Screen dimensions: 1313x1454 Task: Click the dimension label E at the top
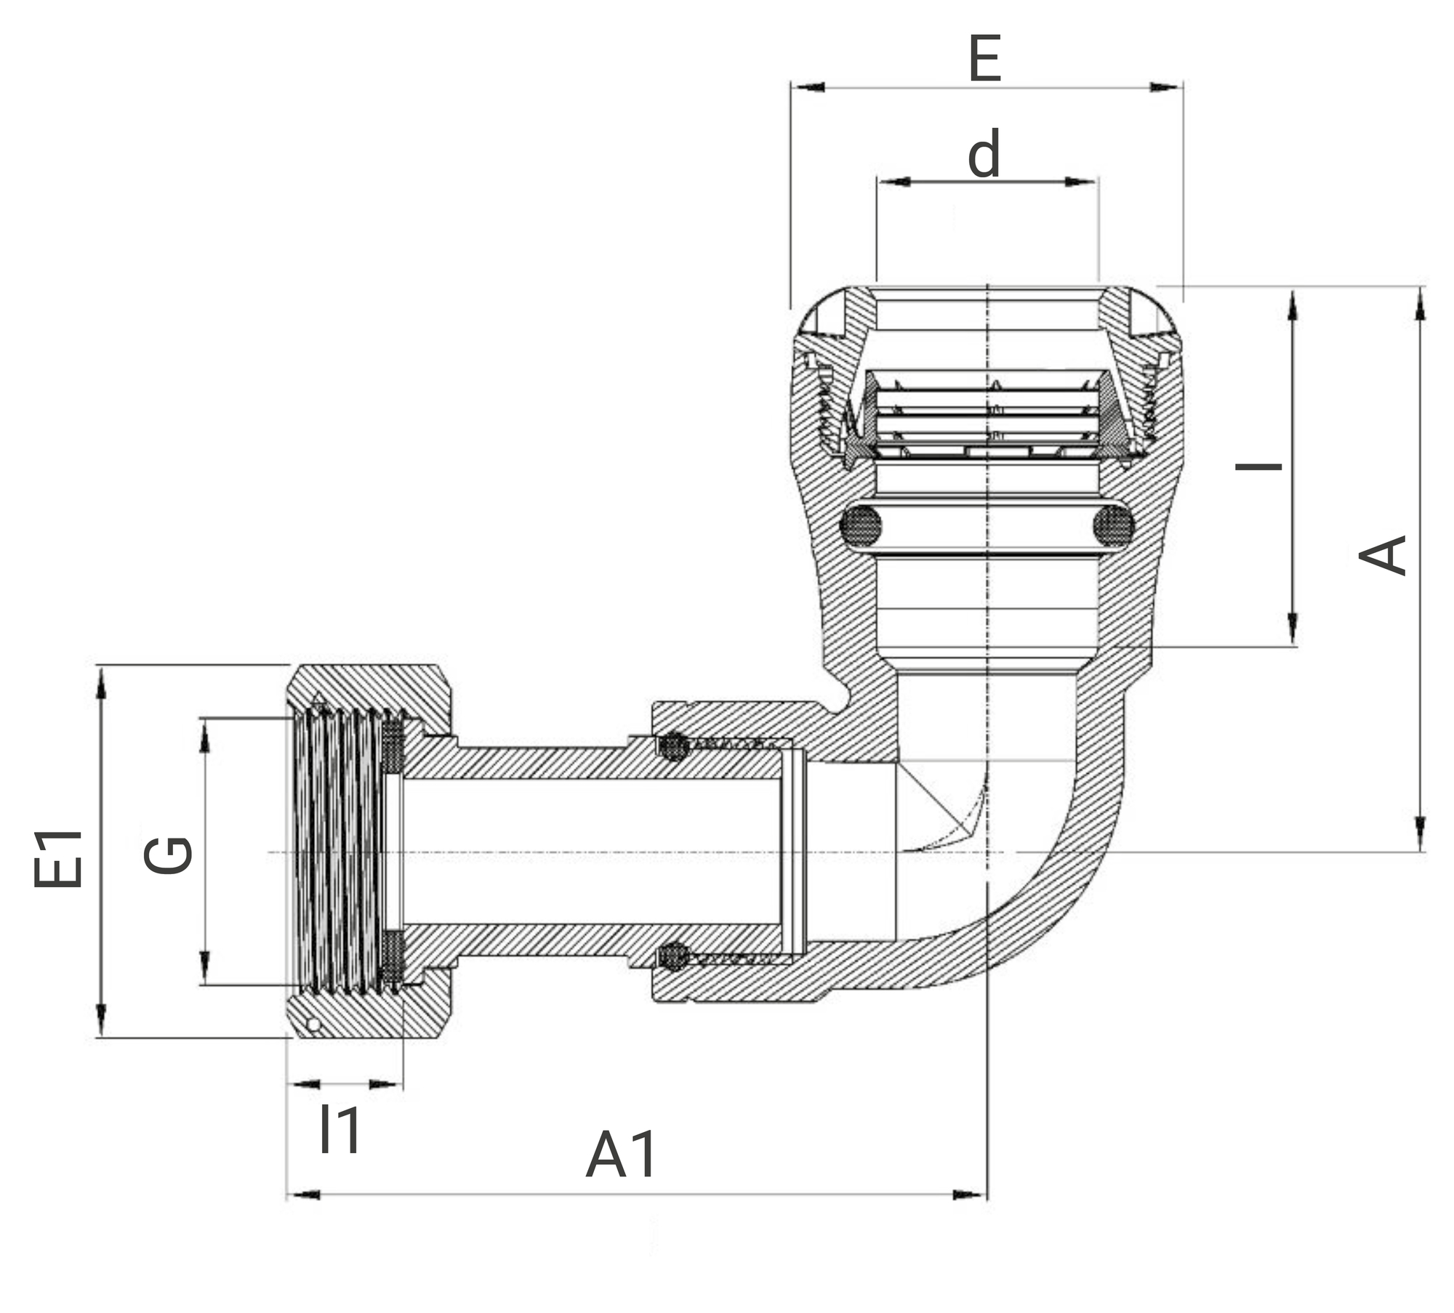point(985,59)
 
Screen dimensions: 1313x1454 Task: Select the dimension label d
point(984,153)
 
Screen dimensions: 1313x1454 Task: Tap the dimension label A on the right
point(1383,555)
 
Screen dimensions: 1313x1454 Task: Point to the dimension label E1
point(58,859)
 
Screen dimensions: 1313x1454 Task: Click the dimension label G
point(168,855)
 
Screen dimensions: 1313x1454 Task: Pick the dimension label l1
point(340,1131)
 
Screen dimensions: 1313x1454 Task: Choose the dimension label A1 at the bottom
point(622,1155)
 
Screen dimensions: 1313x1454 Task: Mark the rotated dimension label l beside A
point(1259,465)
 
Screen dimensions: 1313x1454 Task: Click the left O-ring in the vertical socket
point(861,525)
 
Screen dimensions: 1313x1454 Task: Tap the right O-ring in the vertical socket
point(1113,525)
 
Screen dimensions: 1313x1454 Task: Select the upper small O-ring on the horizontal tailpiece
point(674,746)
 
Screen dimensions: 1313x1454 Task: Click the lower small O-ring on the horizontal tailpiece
point(674,956)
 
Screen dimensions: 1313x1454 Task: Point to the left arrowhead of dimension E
point(809,87)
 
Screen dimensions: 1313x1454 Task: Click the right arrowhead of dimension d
point(1080,181)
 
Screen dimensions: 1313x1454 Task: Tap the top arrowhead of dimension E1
point(101,684)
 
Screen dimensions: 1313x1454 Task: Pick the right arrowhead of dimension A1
point(969,1195)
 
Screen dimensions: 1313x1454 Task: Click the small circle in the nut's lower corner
point(313,1025)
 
